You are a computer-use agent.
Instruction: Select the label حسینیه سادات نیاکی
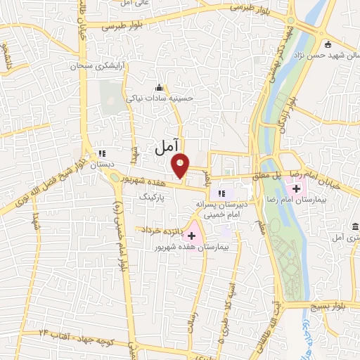point(159,98)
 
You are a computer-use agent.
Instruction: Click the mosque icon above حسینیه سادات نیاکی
point(159,88)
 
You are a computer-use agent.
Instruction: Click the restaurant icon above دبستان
point(101,153)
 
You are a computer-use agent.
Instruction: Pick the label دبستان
point(101,163)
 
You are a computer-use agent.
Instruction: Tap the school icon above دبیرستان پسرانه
point(221,193)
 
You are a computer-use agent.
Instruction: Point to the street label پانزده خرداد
point(162,230)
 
